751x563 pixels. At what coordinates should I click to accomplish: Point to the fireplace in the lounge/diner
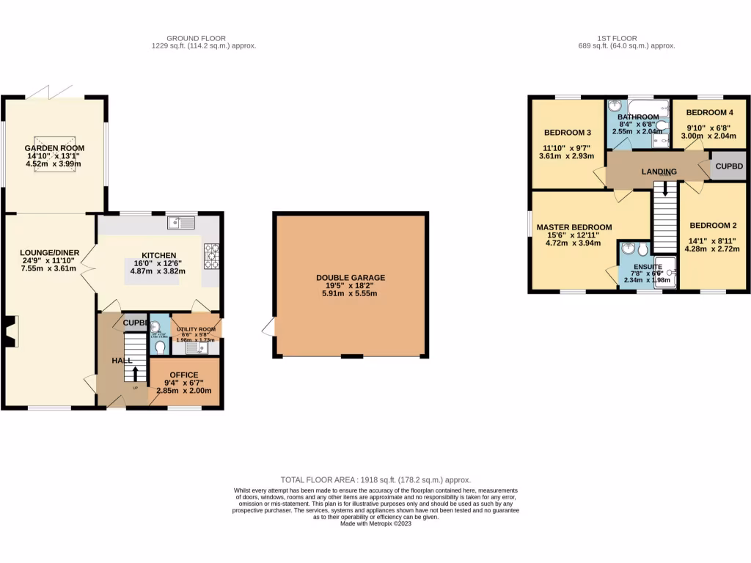coord(11,331)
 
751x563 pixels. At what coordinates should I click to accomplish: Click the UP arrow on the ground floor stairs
coord(135,374)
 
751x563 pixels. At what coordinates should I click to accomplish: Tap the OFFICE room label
coord(184,375)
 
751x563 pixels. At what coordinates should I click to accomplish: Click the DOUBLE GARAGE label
coord(351,278)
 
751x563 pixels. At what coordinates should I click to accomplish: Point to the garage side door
coord(268,328)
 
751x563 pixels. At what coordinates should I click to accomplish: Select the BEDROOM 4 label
coord(709,112)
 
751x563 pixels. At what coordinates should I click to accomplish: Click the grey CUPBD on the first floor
coord(729,167)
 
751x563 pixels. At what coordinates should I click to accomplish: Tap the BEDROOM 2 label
coord(712,225)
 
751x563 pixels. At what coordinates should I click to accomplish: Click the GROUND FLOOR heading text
coord(196,38)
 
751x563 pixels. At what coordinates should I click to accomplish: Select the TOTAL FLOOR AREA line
coord(375,479)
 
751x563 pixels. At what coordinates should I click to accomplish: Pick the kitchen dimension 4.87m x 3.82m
coord(160,271)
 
